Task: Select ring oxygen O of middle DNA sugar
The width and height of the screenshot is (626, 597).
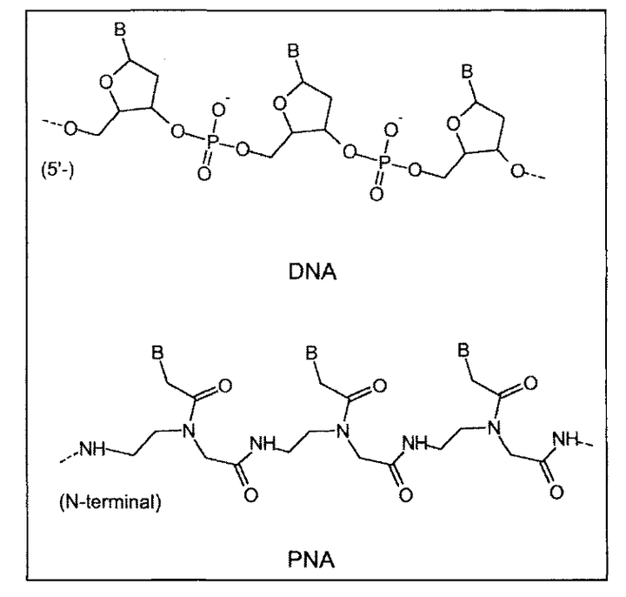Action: tap(279, 108)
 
